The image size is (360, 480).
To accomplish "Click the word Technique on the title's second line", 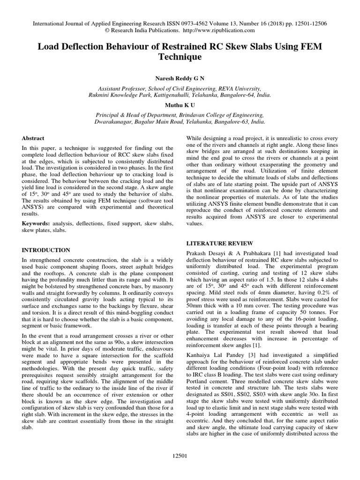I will click(x=180, y=57).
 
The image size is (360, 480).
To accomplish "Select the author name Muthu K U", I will click(x=180, y=105).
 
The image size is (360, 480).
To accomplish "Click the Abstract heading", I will click(x=33, y=138).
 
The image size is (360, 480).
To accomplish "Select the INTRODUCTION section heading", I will click(x=46, y=250).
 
